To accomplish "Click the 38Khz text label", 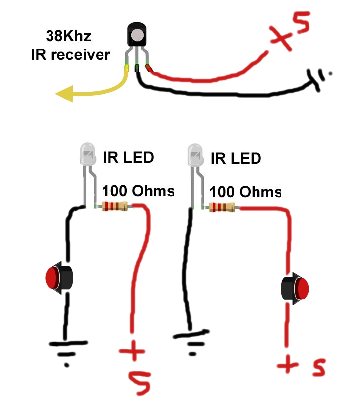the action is [68, 36].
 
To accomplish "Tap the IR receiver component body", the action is [137, 34].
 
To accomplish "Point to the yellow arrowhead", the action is [65, 94].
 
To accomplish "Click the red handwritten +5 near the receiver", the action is [290, 31].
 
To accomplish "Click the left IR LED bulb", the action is [88, 154].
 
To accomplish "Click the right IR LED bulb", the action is [195, 155].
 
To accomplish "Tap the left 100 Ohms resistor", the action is [114, 206].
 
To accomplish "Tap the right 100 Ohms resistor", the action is [222, 207].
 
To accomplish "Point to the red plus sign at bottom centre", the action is [132, 351].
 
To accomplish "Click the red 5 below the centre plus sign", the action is [140, 382].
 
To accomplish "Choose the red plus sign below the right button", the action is [288, 365].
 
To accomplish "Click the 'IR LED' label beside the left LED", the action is [129, 157].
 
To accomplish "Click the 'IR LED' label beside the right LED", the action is [236, 158].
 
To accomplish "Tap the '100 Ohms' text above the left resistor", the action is [138, 190].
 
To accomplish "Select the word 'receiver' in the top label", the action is [81, 55].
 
